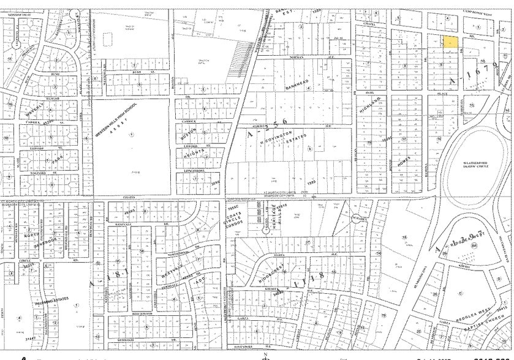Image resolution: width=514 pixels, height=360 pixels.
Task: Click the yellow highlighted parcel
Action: [450, 42]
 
